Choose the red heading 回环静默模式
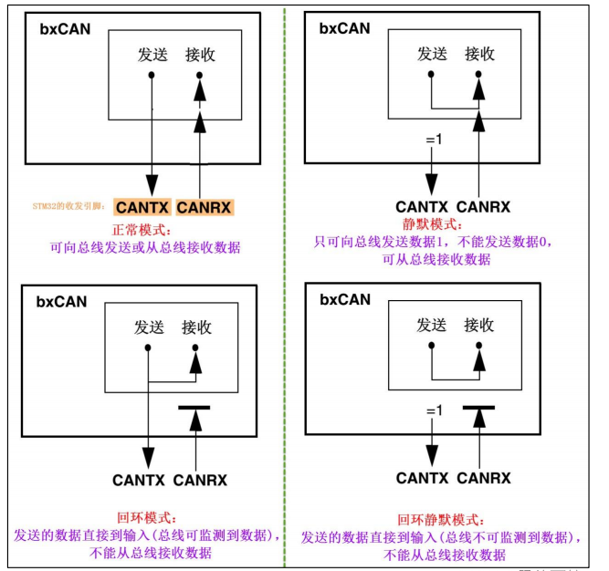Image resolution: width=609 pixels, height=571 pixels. coord(435,517)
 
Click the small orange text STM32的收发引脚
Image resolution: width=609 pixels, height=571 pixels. coord(69,207)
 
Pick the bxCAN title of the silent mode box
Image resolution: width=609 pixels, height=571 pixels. coord(344,28)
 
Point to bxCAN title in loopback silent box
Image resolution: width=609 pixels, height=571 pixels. coord(344,299)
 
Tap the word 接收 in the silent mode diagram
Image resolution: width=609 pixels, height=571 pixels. coord(479,54)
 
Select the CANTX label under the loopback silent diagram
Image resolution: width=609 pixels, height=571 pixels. coord(423,477)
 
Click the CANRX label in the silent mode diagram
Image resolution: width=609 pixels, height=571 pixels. coord(483,207)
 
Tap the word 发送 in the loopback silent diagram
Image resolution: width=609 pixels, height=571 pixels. coord(432,325)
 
